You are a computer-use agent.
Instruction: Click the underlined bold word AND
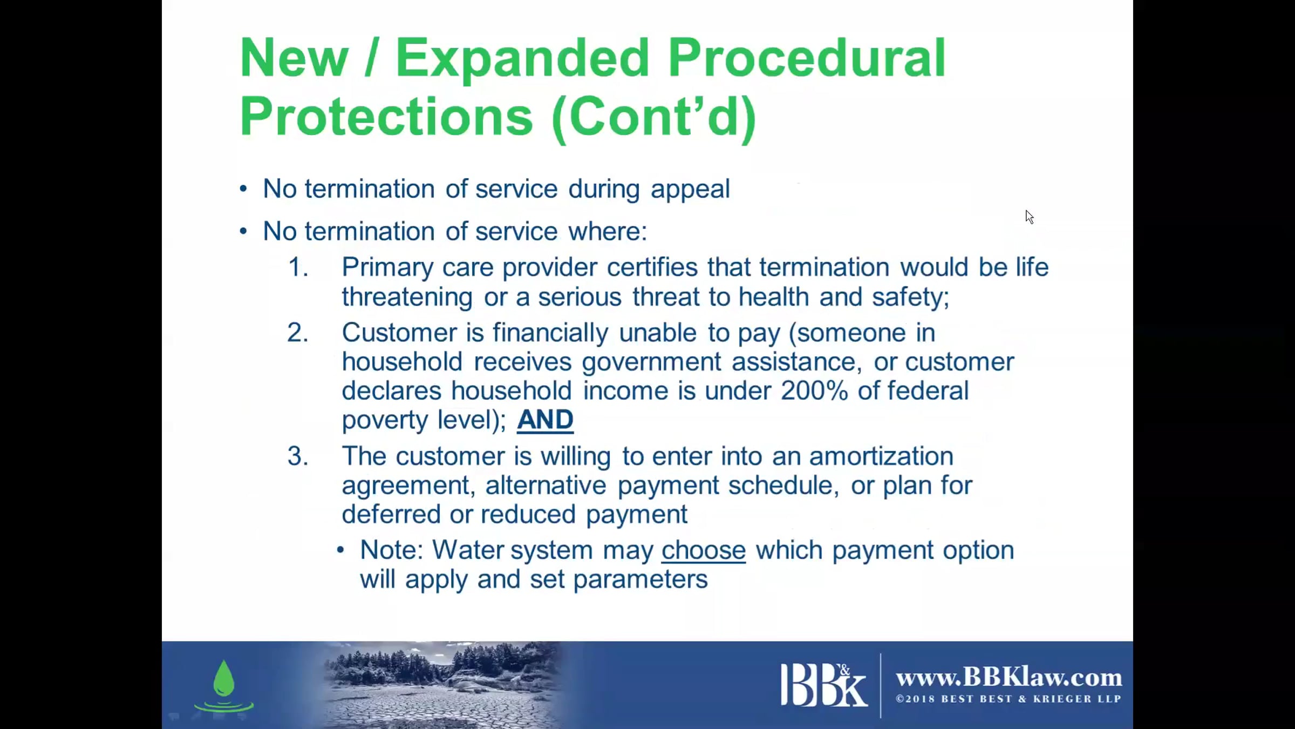[x=545, y=420]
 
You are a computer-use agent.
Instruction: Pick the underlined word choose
[x=704, y=550]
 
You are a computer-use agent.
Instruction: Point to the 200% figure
[x=814, y=390]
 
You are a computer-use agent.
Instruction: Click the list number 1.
[x=298, y=267]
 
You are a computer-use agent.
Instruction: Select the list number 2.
[x=298, y=332]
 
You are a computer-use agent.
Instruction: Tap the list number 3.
[x=298, y=456]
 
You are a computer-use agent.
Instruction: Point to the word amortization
[x=881, y=456]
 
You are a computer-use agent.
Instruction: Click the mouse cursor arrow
[x=1029, y=217]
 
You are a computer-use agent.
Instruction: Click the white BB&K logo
[x=823, y=685]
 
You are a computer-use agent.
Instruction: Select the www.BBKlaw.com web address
[x=1008, y=677]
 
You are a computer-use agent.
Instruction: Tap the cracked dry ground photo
[x=442, y=685]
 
